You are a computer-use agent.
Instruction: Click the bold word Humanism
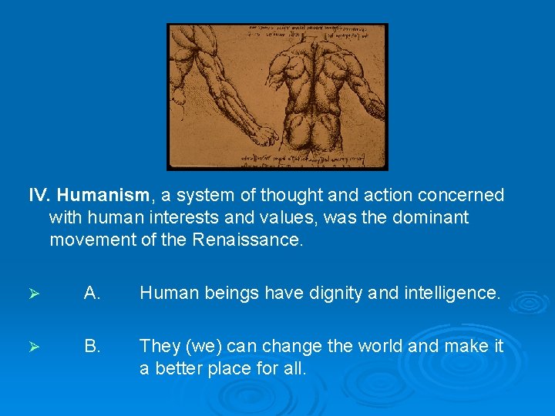pos(94,196)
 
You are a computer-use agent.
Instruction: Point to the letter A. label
pos(92,293)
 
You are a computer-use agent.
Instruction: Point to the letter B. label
pos(92,347)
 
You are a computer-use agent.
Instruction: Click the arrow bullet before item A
pos(33,294)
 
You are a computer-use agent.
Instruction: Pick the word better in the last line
pos(185,369)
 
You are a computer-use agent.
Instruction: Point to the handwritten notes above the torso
pos(308,32)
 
